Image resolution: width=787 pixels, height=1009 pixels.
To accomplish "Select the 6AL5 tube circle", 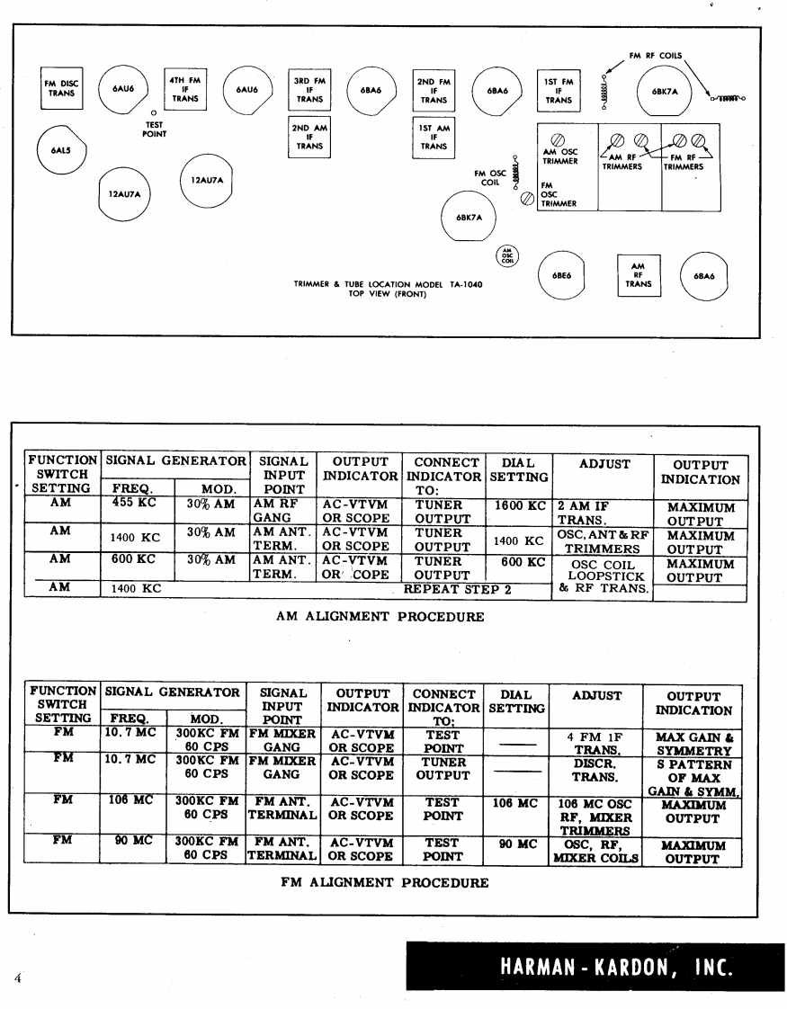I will pyautogui.click(x=56, y=150).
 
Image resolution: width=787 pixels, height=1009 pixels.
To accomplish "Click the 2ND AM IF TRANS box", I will pyautogui.click(x=309, y=138).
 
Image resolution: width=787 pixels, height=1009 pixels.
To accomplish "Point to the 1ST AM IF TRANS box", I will pyautogui.click(x=434, y=138).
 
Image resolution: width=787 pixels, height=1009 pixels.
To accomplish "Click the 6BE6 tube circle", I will pyautogui.click(x=558, y=276).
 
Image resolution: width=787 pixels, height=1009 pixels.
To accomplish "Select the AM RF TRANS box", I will pyautogui.click(x=638, y=276).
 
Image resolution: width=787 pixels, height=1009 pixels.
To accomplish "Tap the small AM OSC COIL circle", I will pyautogui.click(x=507, y=255).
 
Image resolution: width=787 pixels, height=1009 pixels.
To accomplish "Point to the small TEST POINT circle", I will pyautogui.click(x=155, y=112).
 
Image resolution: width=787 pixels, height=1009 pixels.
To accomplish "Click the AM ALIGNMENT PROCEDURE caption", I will pyautogui.click(x=381, y=617).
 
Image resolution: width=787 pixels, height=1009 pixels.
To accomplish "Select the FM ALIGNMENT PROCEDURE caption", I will pyautogui.click(x=385, y=882).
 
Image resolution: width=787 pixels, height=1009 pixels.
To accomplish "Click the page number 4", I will pyautogui.click(x=17, y=978).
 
